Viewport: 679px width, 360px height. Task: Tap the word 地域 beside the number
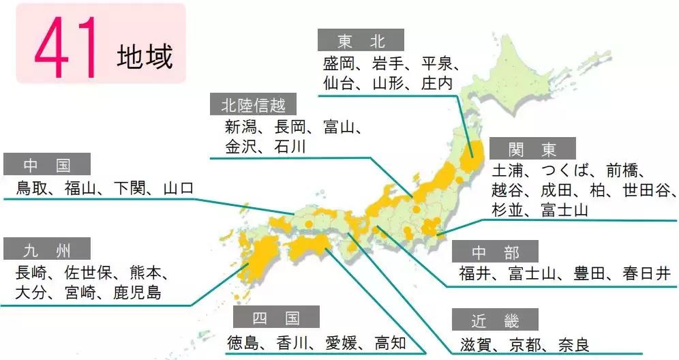pos(145,57)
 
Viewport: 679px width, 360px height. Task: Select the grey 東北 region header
pos(361,40)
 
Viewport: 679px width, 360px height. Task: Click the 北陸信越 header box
pos(253,105)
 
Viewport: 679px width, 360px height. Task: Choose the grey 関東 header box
pos(532,149)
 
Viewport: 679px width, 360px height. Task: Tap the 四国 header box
pos(276,318)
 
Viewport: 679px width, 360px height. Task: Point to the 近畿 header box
pos(495,320)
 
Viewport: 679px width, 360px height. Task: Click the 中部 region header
pos(495,252)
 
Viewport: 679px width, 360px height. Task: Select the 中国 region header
pos(46,165)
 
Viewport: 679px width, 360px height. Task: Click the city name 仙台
pos(339,84)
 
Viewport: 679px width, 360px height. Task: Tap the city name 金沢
pos(241,147)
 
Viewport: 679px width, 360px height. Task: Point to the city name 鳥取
pos(32,188)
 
